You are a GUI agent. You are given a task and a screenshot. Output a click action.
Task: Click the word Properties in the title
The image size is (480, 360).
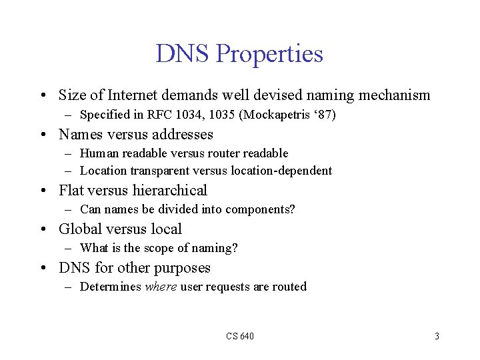coord(269,54)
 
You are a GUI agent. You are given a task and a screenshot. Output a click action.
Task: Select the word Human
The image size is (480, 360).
coord(99,153)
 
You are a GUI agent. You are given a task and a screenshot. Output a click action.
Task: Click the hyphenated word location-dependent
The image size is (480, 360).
coord(281,171)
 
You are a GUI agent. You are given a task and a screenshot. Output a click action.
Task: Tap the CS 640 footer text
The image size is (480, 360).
coord(239,336)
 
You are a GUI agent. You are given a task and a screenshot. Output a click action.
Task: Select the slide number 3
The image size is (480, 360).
coord(437,336)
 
